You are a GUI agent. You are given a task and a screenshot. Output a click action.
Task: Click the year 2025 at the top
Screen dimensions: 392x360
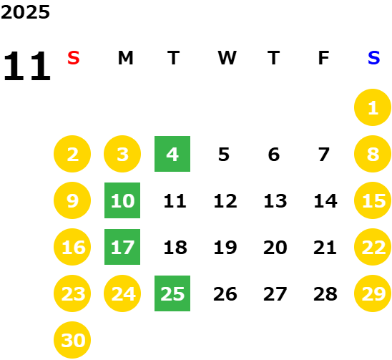(25, 12)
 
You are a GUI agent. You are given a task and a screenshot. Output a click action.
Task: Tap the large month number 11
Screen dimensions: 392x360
(27, 66)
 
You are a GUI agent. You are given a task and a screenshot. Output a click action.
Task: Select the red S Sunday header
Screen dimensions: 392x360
(73, 58)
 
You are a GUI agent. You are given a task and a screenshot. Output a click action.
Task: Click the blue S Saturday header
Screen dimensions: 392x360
(373, 58)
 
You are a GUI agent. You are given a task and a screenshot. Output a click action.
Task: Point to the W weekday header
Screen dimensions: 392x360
(227, 58)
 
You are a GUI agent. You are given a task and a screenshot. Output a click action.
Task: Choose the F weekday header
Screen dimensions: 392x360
(323, 58)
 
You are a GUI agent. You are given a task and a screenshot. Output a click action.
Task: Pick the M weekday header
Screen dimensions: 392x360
(125, 58)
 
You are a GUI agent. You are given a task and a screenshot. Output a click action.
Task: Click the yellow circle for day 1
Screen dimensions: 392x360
(373, 107)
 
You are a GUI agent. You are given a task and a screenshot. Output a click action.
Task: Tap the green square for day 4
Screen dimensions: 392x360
(172, 154)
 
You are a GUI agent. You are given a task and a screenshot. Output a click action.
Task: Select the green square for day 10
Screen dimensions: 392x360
(122, 200)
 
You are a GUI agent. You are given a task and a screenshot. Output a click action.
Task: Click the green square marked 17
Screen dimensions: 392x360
(122, 247)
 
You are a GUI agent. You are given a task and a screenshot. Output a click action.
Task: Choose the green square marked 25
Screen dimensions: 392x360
(172, 293)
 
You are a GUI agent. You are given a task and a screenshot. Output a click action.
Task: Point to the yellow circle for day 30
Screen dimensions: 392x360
(72, 340)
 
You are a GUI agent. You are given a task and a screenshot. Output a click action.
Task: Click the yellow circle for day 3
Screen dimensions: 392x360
(122, 154)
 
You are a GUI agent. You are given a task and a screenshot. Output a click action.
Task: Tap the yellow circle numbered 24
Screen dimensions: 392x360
(122, 293)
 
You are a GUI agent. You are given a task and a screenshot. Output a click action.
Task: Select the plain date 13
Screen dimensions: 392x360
(275, 201)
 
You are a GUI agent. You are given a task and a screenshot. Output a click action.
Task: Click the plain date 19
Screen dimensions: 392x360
(225, 248)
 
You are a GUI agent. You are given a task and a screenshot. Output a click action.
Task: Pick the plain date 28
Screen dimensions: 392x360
(325, 294)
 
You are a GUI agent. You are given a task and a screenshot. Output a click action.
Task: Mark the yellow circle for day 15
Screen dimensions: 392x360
(373, 200)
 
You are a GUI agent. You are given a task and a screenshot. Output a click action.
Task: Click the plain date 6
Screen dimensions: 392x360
(274, 155)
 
